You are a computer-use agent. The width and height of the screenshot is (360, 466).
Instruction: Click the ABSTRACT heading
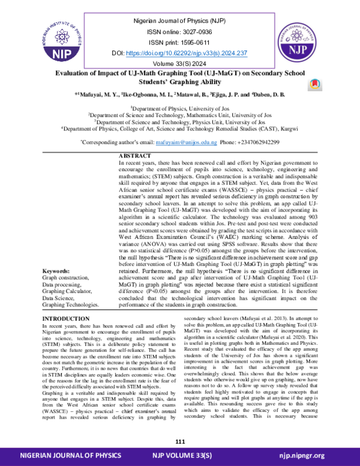137,156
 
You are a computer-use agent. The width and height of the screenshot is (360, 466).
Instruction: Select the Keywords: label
59,271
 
